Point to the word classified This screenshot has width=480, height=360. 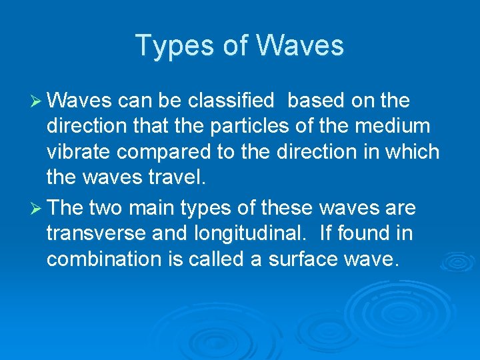pyautogui.click(x=231, y=101)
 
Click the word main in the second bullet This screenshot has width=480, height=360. pyautogui.click(x=151, y=209)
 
